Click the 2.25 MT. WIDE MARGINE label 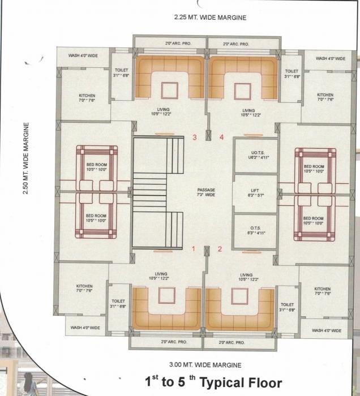tap(210, 18)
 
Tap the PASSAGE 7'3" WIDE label tap(207, 192)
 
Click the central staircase tap(158, 192)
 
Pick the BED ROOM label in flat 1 tap(96, 218)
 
